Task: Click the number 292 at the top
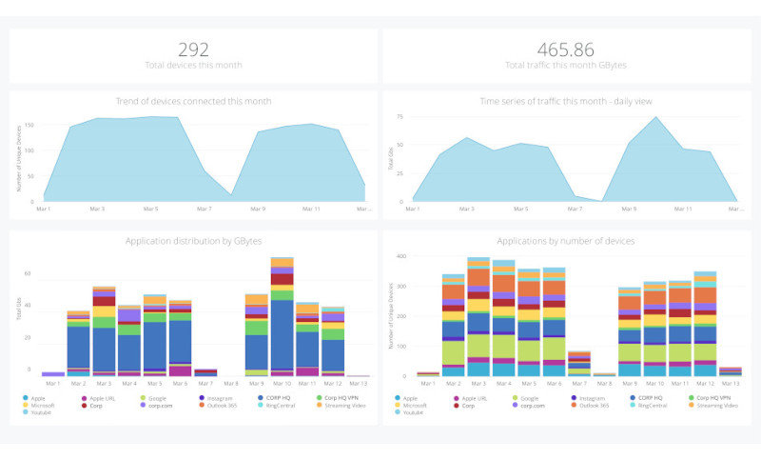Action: (193, 49)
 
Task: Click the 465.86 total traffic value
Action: (565, 49)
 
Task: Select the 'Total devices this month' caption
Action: (193, 65)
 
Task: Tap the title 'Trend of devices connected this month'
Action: (193, 101)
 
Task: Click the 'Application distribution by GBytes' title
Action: (193, 241)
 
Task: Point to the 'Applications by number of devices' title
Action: (565, 241)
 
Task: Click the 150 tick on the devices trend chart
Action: (29, 125)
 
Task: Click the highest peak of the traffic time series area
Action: (654, 119)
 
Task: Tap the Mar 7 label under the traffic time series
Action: (575, 209)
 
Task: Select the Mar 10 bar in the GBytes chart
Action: (282, 314)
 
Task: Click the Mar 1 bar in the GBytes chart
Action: (52, 374)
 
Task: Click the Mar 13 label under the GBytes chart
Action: (358, 383)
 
